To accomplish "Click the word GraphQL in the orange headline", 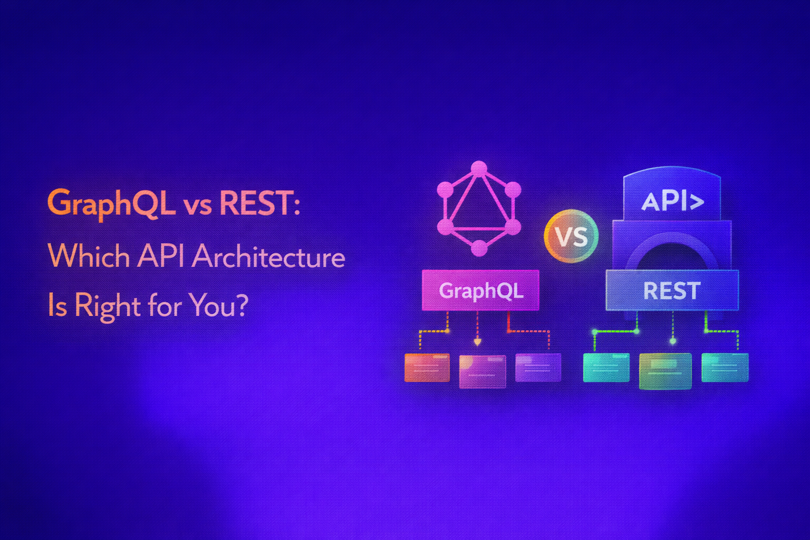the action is [x=111, y=203].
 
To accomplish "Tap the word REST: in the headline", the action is [x=259, y=203].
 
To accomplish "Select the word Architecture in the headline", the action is [x=268, y=257].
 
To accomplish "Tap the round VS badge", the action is [x=571, y=236].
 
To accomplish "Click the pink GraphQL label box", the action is [x=480, y=290].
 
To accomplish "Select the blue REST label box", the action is [x=672, y=291].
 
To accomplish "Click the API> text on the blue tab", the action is [x=672, y=201].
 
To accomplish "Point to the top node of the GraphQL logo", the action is [x=479, y=168].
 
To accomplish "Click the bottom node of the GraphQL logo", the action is [x=479, y=248].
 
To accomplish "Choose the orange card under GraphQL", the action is [x=427, y=368].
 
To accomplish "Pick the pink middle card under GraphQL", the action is [x=483, y=371].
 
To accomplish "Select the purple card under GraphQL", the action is [x=538, y=367].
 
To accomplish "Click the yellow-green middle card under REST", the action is [x=665, y=371].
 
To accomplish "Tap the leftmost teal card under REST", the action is [x=606, y=367].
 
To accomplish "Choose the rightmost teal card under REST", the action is [x=725, y=367].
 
